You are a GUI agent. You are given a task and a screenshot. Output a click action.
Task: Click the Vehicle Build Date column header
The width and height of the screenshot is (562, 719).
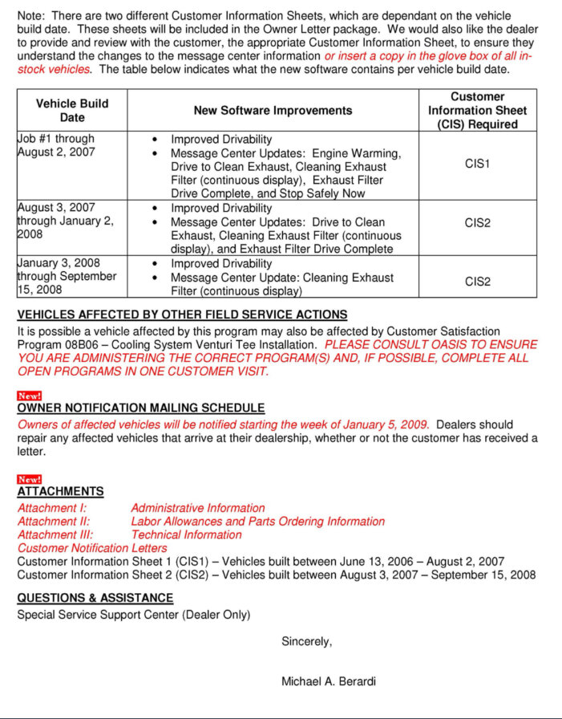pos(72,110)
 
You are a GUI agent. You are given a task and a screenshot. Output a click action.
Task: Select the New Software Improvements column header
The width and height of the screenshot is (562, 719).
pos(273,110)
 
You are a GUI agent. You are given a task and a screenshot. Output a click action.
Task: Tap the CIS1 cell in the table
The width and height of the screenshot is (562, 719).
pos(477,164)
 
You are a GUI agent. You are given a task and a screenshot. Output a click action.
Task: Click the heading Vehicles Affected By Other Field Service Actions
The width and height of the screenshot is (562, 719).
pos(182,315)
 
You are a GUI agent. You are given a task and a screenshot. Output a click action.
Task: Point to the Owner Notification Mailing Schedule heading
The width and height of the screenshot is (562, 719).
pos(141,408)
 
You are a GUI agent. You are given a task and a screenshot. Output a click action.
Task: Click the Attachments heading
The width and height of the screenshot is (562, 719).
pos(61,491)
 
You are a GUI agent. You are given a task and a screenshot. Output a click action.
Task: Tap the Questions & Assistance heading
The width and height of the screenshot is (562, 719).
pos(95,598)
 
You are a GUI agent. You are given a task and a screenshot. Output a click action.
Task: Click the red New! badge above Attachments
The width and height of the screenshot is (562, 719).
pos(29,479)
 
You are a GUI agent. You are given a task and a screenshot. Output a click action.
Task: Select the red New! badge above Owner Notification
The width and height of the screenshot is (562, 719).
pos(29,396)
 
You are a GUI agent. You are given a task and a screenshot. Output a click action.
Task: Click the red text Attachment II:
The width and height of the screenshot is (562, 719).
pos(54,522)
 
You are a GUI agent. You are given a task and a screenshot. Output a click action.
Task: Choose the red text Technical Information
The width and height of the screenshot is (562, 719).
pos(186,534)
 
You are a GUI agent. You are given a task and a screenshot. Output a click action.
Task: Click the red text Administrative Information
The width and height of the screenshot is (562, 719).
pos(197,508)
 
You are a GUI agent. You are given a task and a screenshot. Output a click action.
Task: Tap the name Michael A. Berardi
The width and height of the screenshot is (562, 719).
pos(329,681)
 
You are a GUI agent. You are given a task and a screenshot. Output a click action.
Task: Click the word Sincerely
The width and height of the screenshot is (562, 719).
pos(306,641)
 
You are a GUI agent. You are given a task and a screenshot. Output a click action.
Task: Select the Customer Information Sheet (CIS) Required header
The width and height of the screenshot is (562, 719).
pos(477,110)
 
